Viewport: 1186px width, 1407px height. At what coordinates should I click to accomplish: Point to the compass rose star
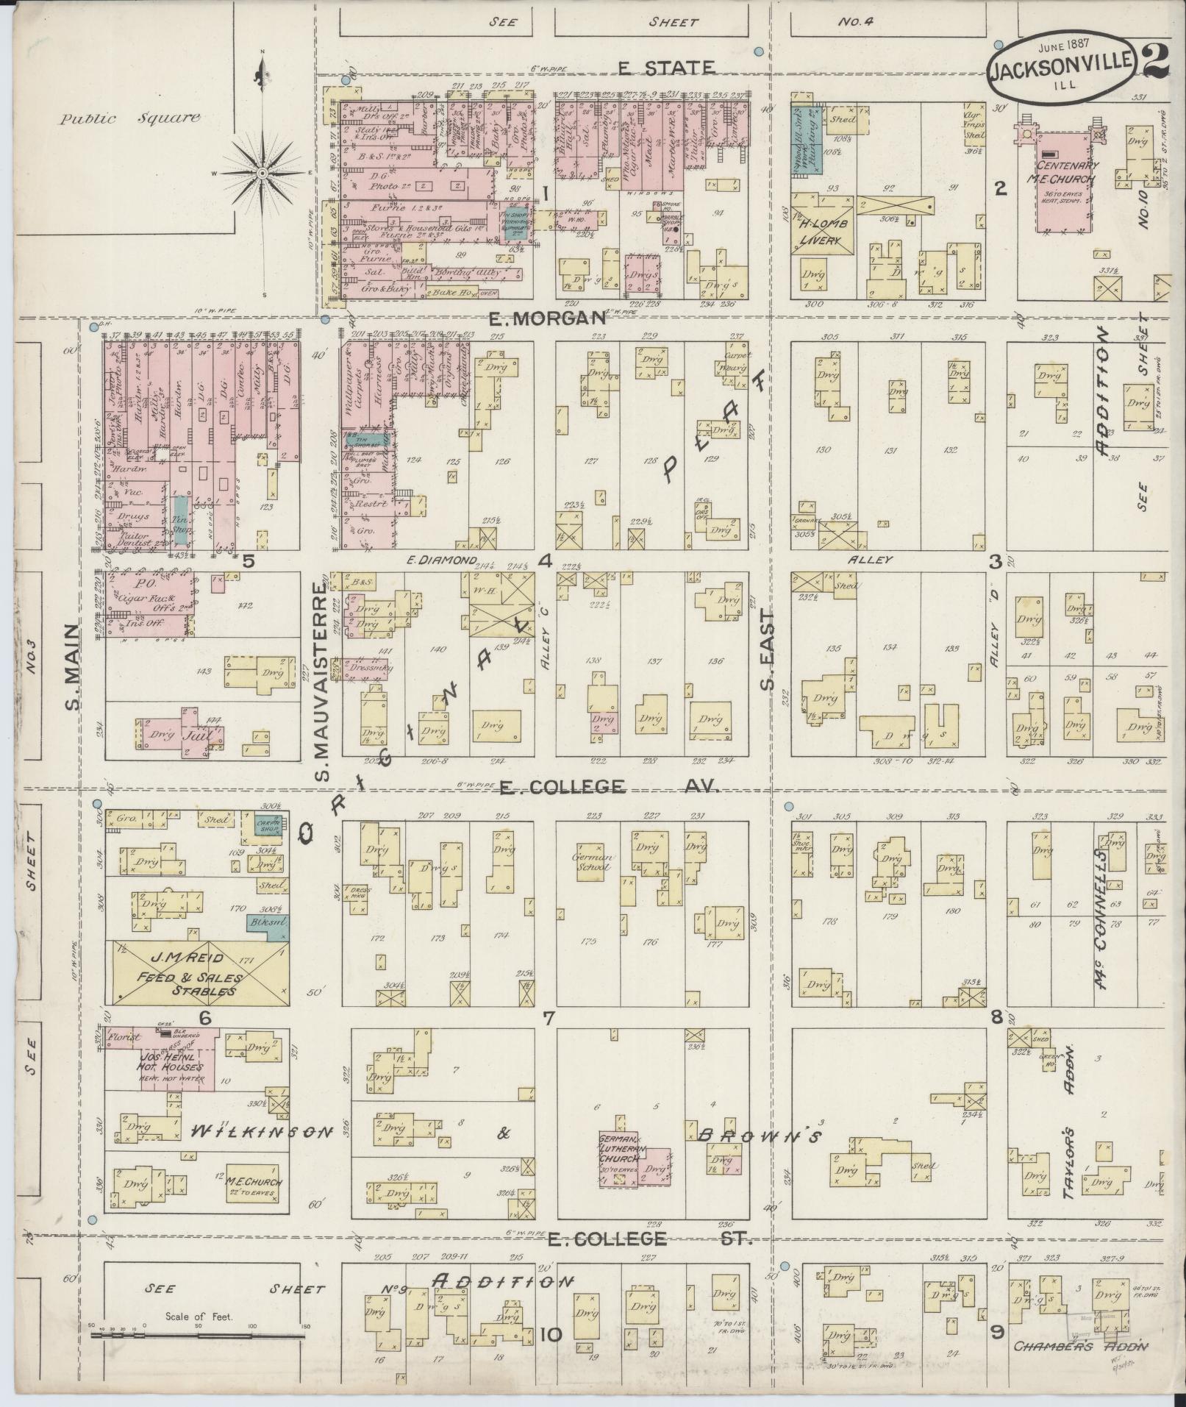[262, 173]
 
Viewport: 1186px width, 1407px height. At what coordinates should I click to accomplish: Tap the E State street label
[665, 68]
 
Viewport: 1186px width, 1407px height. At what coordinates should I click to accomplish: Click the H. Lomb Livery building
[823, 224]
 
